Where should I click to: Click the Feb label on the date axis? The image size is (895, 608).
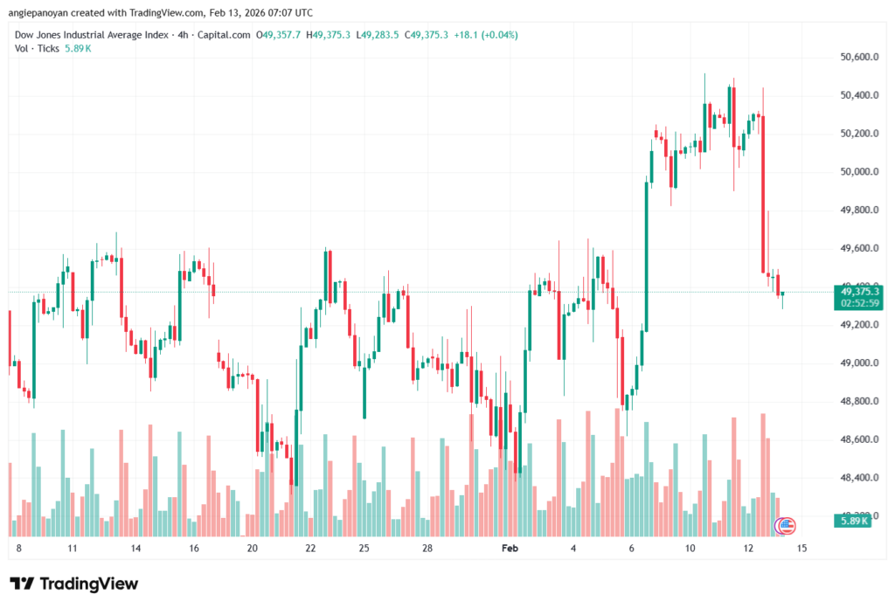510,549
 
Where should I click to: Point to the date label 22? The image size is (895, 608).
310,549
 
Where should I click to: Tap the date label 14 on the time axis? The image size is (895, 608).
135,549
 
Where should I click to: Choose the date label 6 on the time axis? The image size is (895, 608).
630,549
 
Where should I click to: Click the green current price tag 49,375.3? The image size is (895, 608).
859,291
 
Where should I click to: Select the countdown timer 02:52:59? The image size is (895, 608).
859,302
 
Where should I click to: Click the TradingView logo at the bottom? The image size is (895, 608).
73,584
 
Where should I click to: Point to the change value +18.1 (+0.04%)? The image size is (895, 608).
484,35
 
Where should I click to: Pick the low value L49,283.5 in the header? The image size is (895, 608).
378,35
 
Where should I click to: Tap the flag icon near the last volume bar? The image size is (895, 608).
786,526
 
